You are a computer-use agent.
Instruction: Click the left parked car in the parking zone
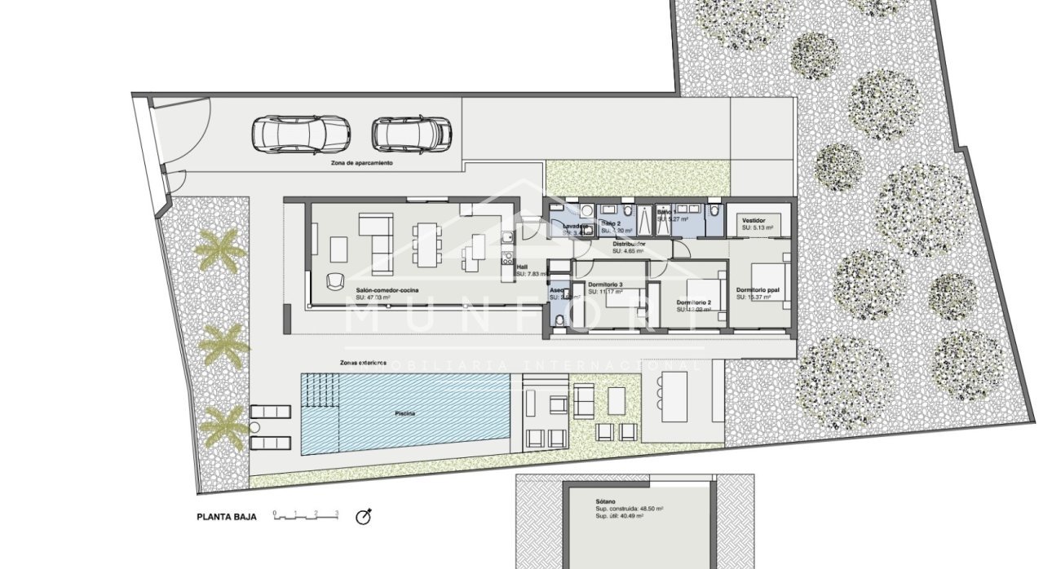point(300,133)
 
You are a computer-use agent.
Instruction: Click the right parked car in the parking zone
point(412,133)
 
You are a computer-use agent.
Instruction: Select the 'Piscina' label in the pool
point(405,414)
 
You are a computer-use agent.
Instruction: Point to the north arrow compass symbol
point(365,516)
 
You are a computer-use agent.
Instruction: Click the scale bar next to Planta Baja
point(306,515)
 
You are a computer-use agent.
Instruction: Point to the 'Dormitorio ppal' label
point(759,290)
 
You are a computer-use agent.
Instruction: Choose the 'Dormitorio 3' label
point(605,284)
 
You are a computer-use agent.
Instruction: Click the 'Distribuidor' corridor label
point(629,244)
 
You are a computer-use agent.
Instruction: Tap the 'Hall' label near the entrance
point(523,267)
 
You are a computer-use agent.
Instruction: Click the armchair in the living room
point(335,280)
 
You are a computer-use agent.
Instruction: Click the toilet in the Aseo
point(556,321)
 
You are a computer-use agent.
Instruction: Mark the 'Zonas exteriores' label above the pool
point(364,362)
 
